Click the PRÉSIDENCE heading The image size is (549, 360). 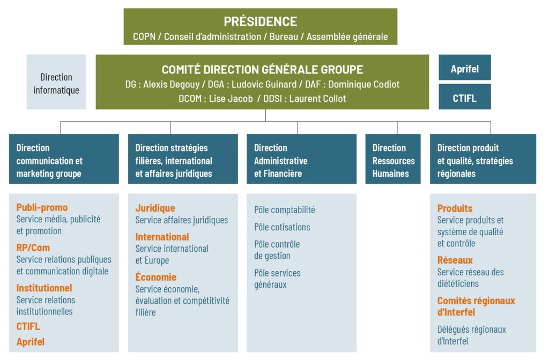[x=261, y=21]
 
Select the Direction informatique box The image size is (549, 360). [x=56, y=82]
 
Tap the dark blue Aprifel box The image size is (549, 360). [x=465, y=67]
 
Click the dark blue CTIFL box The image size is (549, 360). [x=465, y=97]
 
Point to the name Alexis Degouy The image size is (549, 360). [x=171, y=84]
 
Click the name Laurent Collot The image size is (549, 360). [x=317, y=99]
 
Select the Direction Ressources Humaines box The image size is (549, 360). [x=393, y=159]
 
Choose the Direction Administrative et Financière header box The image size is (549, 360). [x=301, y=159]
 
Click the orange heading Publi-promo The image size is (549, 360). [x=42, y=207]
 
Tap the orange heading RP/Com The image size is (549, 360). [x=33, y=247]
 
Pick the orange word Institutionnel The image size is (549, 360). [x=44, y=288]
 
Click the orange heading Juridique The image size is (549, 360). [x=155, y=208]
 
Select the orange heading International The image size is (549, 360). [x=162, y=237]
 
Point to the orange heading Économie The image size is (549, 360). [x=156, y=277]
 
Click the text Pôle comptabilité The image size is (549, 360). [x=284, y=210]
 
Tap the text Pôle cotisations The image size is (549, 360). [x=282, y=227]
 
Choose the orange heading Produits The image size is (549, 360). [x=455, y=208]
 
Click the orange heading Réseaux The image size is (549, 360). [x=455, y=260]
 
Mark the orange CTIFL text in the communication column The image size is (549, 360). [x=28, y=326]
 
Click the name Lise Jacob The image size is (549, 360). [x=231, y=99]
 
